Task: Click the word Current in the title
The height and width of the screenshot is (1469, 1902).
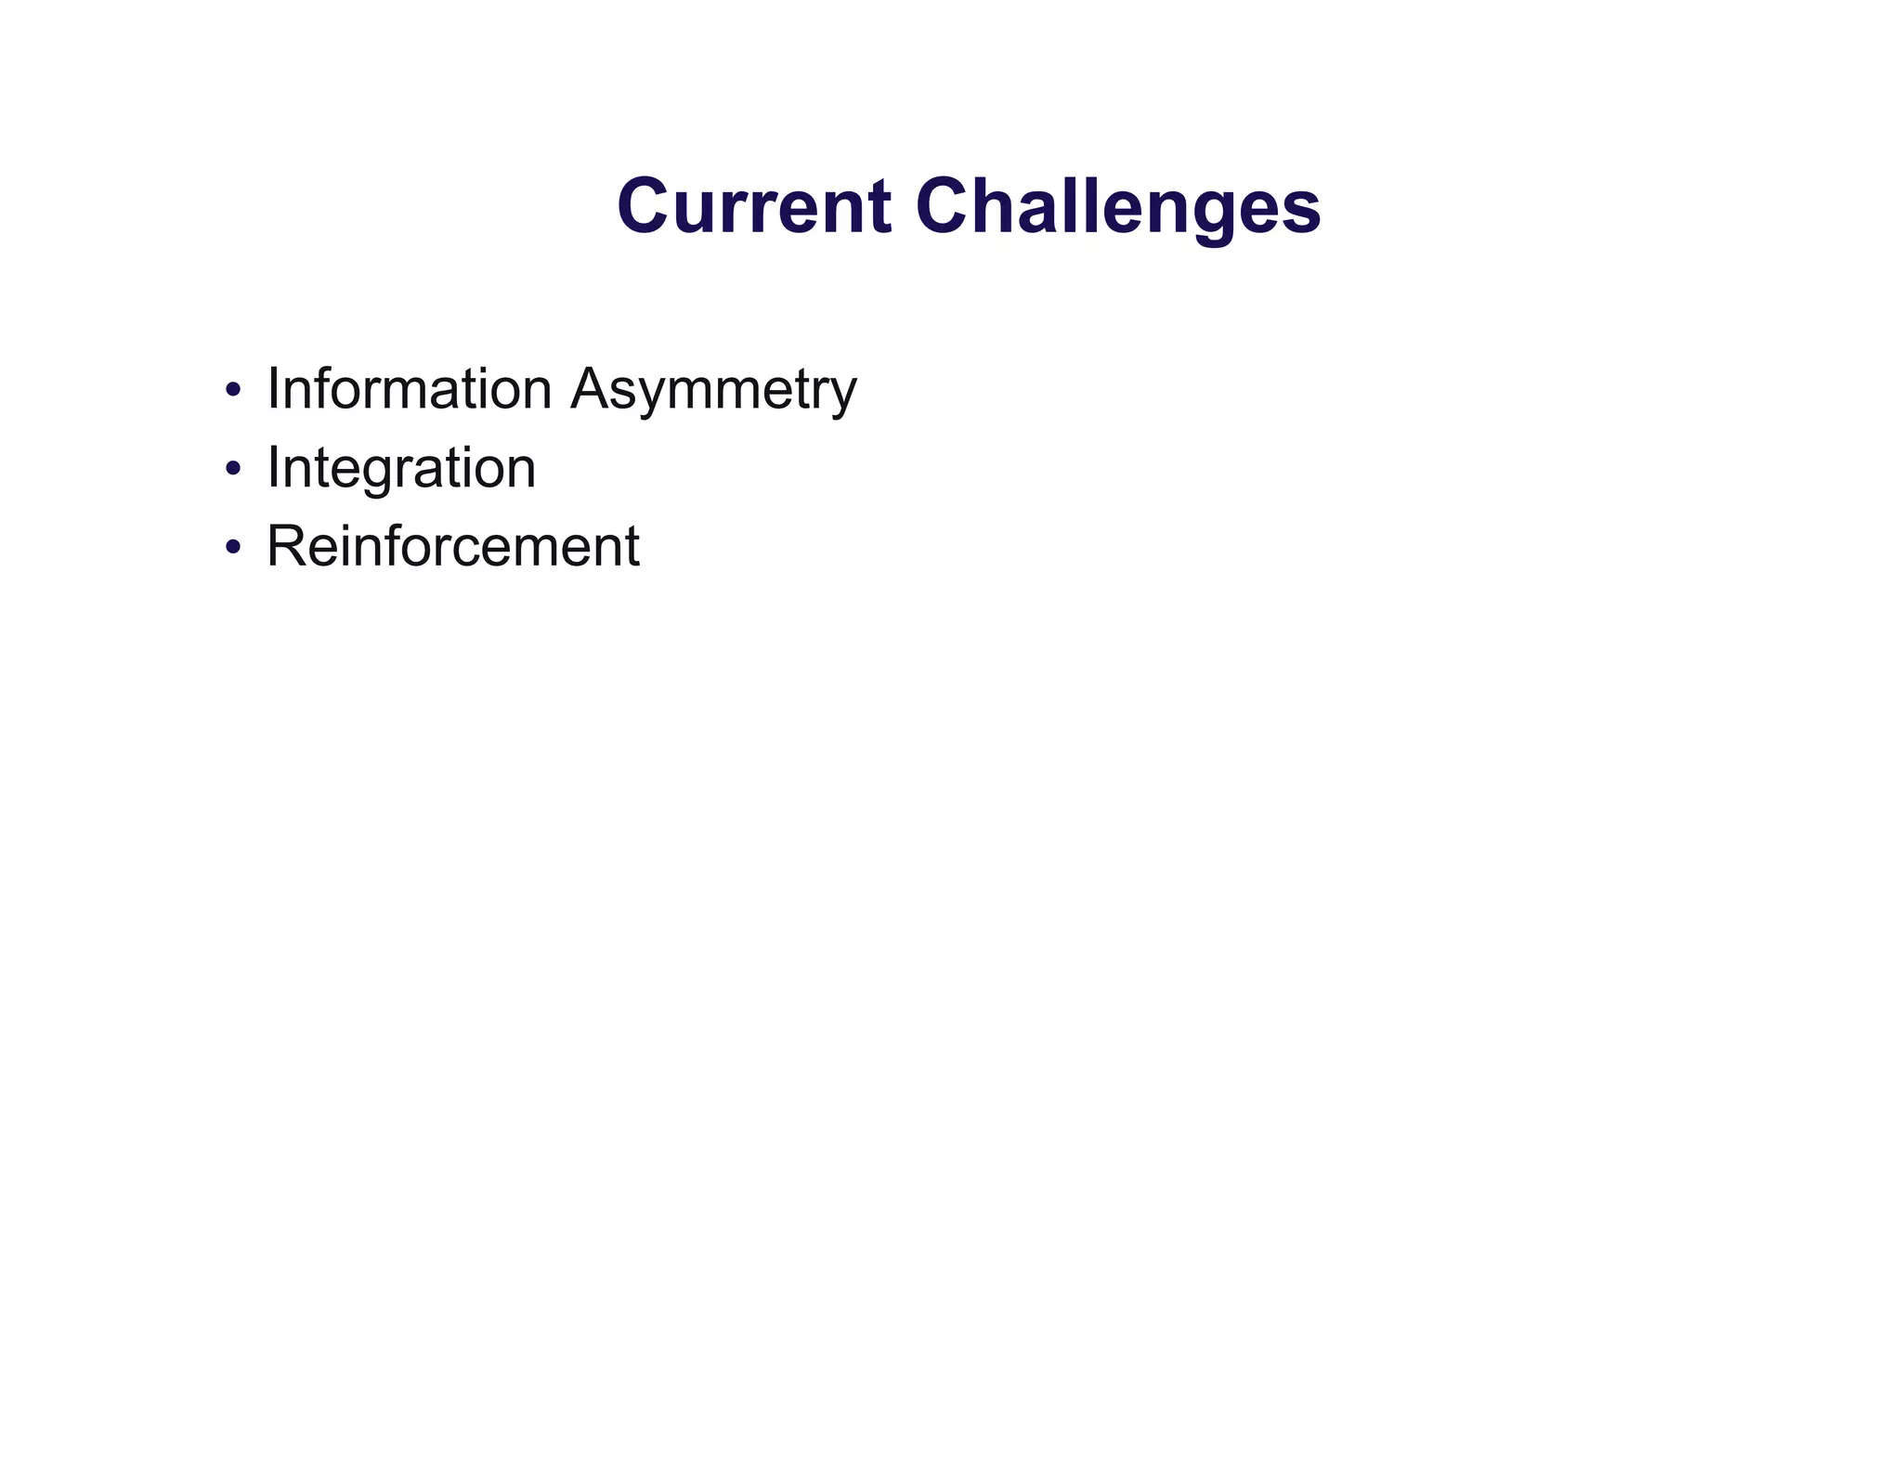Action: point(753,206)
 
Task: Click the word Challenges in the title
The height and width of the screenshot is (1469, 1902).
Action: point(1117,206)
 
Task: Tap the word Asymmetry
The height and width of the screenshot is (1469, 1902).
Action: point(713,390)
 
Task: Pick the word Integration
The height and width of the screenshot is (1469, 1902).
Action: point(401,468)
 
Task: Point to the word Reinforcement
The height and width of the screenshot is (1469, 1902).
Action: point(452,546)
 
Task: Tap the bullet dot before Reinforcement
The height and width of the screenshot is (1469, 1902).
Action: point(233,546)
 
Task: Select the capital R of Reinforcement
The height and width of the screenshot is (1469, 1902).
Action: point(285,546)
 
